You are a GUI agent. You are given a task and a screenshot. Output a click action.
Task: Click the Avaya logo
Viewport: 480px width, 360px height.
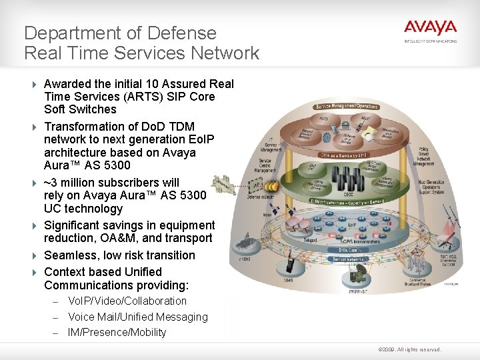click(430, 29)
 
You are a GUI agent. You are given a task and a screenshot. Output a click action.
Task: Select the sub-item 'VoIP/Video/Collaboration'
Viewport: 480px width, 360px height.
click(127, 301)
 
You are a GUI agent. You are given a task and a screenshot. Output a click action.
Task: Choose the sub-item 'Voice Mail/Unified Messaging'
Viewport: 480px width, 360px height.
click(137, 317)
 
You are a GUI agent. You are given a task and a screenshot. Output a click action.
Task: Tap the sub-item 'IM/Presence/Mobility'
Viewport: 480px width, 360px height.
click(117, 333)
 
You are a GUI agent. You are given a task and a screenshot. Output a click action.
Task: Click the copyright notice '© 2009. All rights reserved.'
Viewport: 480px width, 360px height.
click(409, 349)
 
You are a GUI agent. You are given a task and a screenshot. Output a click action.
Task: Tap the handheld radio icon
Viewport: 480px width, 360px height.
click(291, 264)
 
